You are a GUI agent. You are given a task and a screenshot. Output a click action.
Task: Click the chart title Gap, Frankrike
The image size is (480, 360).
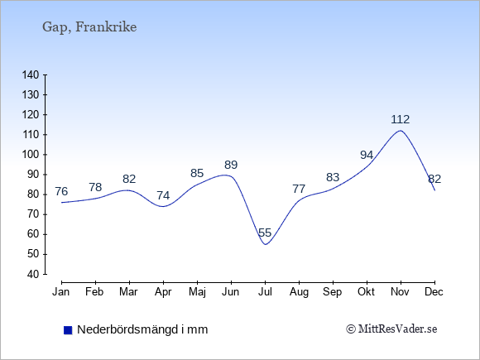(x=89, y=27)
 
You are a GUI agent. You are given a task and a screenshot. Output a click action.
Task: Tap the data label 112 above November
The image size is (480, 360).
(x=400, y=119)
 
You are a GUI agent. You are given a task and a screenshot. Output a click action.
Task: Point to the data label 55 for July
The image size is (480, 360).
(x=265, y=233)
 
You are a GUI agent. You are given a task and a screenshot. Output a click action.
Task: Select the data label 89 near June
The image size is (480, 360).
(x=231, y=165)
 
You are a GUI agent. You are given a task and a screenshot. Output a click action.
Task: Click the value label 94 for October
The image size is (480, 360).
(x=367, y=156)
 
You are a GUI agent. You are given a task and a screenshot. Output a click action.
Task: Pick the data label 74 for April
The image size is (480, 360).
(x=163, y=195)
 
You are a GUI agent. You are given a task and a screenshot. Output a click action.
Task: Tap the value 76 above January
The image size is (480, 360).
(x=61, y=192)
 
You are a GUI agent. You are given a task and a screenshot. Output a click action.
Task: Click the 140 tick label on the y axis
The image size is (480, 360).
(x=31, y=75)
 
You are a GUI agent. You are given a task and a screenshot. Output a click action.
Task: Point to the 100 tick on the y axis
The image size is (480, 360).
(x=31, y=155)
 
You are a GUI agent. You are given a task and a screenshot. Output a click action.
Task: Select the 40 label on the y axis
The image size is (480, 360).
(x=33, y=274)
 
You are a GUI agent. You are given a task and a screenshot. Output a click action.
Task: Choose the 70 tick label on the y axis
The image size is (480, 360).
(x=33, y=214)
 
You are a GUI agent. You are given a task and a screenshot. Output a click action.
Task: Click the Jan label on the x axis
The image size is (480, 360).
(x=61, y=292)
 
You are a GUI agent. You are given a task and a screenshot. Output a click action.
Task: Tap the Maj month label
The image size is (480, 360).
(x=197, y=292)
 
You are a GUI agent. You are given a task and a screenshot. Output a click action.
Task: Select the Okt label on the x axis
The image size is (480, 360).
(x=366, y=292)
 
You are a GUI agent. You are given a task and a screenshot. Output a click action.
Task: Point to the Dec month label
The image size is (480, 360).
(x=434, y=292)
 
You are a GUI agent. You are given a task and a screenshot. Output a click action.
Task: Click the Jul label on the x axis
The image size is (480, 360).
(x=265, y=292)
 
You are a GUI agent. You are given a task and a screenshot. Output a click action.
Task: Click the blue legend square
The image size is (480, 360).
(x=68, y=330)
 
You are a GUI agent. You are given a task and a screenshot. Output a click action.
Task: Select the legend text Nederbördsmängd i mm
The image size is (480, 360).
(x=142, y=329)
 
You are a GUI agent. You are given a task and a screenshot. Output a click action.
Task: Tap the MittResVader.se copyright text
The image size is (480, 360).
(x=391, y=329)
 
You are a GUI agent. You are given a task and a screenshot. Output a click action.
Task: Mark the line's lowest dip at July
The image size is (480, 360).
(x=265, y=244)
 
